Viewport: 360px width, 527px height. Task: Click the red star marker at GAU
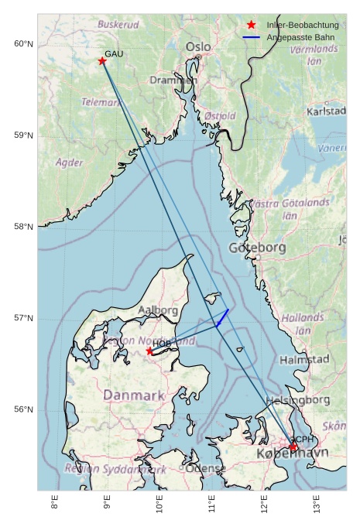102,61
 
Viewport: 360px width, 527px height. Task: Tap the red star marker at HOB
150,351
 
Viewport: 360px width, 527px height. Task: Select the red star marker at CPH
293,447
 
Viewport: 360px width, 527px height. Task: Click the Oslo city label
198,47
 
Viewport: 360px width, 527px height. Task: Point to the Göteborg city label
258,248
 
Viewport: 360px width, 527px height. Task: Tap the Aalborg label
158,310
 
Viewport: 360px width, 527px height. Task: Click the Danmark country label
134,395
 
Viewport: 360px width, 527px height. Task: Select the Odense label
206,468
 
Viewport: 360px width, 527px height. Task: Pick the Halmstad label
304,360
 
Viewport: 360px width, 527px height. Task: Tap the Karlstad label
326,111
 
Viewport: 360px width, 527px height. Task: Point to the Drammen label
173,80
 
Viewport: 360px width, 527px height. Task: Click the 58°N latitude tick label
24,227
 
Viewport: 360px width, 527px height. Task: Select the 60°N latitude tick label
24,44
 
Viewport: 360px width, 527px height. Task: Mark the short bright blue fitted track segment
222,318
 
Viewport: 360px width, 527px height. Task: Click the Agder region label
70,163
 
